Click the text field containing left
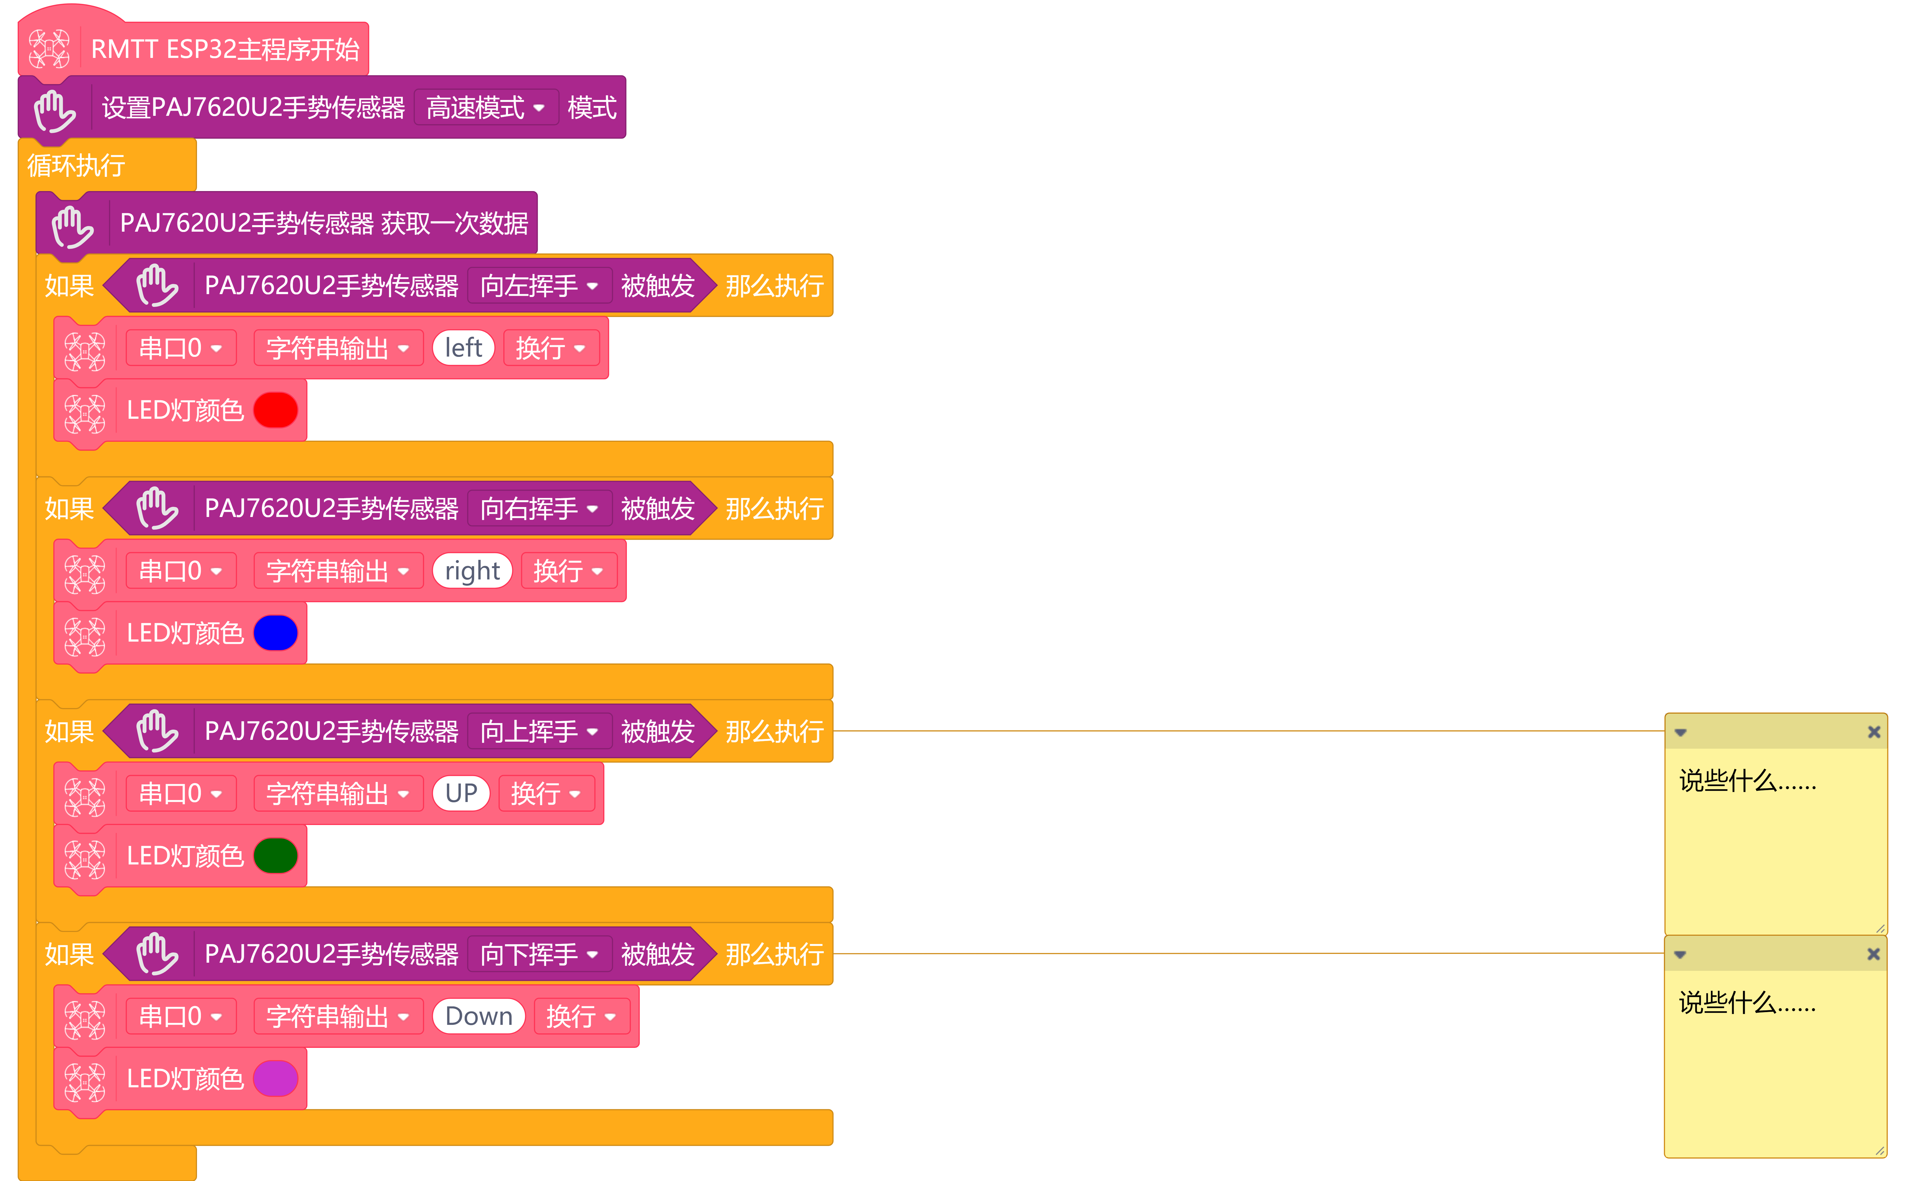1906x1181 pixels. pyautogui.click(x=463, y=347)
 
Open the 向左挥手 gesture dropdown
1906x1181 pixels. pyautogui.click(x=539, y=286)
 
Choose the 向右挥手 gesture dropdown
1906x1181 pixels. pyautogui.click(x=539, y=508)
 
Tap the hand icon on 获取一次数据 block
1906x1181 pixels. pyautogui.click(x=72, y=226)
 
